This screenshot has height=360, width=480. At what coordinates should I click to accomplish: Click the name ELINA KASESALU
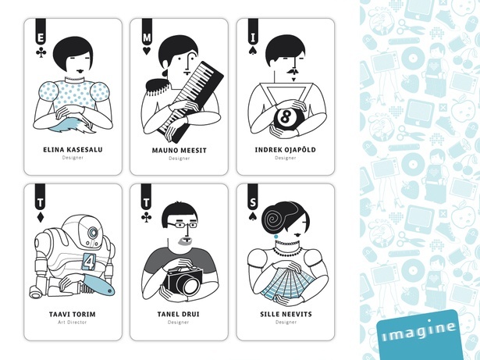coord(73,150)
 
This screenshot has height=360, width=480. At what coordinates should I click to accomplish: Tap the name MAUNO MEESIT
coord(179,151)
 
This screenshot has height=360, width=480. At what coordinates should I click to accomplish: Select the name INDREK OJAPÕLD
coord(286,150)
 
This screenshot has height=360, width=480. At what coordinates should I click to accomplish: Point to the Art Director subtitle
coord(73,323)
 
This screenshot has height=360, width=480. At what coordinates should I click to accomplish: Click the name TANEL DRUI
coord(178,315)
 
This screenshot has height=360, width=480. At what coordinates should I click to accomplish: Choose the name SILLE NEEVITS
coord(286,315)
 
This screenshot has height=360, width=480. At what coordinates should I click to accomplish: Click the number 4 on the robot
coord(89,262)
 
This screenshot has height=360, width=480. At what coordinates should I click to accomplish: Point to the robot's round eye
coord(92,233)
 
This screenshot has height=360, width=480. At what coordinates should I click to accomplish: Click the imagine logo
coord(419,334)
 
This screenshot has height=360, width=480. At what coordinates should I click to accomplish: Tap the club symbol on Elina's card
coord(41,52)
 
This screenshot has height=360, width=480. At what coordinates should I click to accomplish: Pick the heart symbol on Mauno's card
coord(147,51)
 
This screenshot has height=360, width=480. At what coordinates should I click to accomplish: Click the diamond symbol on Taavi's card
coord(40,217)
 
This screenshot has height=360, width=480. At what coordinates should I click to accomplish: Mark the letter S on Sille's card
coord(253,202)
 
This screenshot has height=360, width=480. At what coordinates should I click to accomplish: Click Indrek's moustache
coord(293,72)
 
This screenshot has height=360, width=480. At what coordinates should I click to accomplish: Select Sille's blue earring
coord(276,237)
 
